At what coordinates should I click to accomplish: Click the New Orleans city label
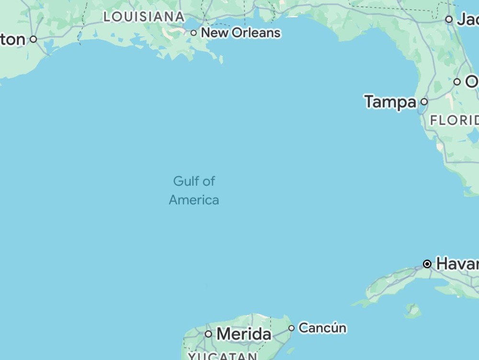coord(240,33)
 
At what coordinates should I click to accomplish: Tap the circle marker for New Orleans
coord(194,33)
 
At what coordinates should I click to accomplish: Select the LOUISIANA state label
coord(144,17)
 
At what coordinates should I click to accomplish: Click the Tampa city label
coord(390,102)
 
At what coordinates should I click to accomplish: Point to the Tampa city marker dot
coord(424,101)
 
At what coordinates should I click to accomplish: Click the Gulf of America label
coord(194,191)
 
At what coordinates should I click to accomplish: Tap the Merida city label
coord(244,334)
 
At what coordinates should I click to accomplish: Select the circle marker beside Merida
coord(208,334)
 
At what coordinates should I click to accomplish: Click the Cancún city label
coord(322,328)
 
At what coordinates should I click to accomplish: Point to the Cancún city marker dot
coord(291,328)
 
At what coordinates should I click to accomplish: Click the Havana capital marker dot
coord(427,264)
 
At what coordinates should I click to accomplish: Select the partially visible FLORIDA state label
coord(455,120)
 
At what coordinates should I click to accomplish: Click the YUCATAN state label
coord(223,356)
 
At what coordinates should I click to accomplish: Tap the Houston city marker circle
coord(33,39)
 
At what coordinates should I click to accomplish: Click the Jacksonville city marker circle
coord(449,20)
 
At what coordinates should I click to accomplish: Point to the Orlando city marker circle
coord(457,82)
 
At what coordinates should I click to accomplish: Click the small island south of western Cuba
coord(412,312)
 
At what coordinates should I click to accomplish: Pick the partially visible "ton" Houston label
coord(12,40)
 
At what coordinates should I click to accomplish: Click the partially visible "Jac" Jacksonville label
coord(468,20)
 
